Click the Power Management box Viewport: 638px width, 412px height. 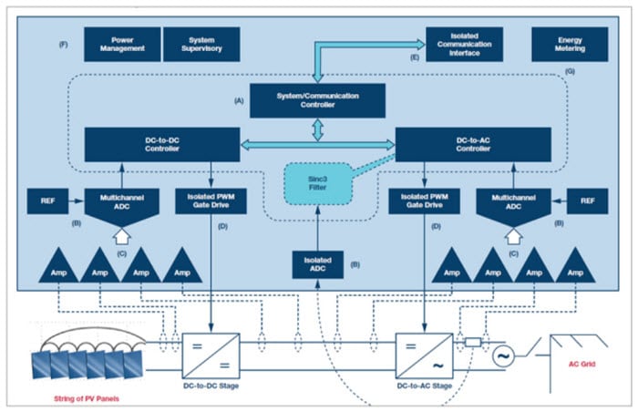(122, 42)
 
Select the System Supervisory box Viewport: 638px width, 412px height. (201, 42)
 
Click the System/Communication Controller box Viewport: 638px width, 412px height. (317, 100)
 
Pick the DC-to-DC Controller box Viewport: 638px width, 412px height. (162, 142)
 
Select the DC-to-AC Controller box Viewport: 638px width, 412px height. (472, 142)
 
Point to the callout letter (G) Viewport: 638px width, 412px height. (572, 70)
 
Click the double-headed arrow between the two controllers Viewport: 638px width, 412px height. (317, 142)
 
